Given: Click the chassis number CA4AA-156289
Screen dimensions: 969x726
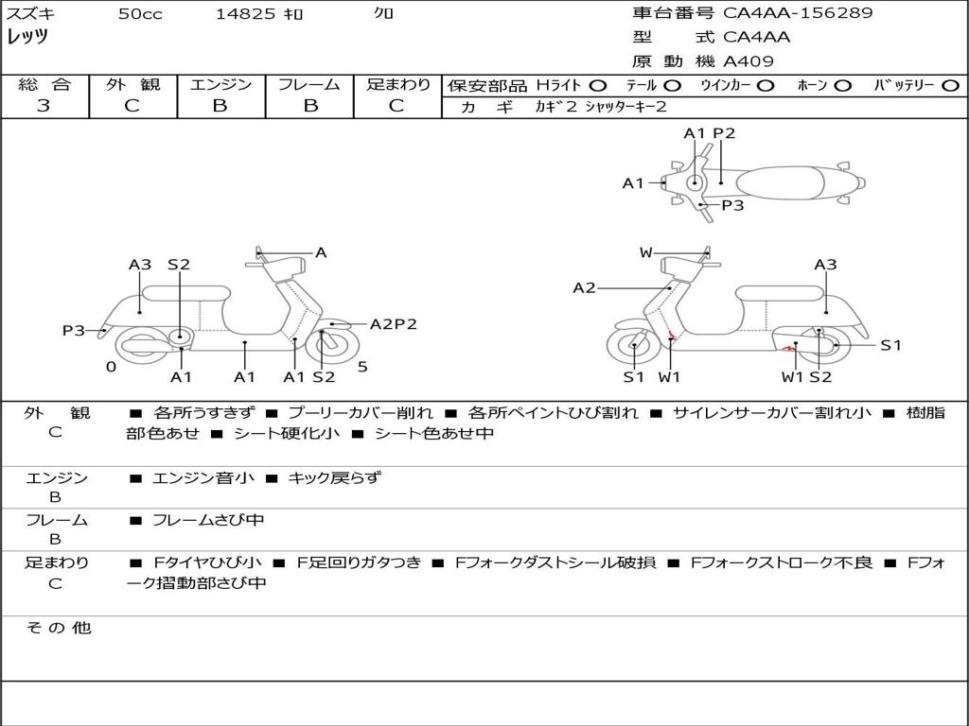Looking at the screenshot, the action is click(x=798, y=13).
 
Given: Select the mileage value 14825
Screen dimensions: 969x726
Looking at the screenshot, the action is click(x=245, y=14).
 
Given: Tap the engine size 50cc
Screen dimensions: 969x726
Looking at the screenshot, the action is click(x=140, y=14).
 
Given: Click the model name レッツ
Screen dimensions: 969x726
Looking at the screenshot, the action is click(x=27, y=37).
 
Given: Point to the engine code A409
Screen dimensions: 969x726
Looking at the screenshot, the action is click(x=749, y=61).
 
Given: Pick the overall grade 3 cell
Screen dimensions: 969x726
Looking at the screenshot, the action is click(x=44, y=106).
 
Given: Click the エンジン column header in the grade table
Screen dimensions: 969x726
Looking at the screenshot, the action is click(x=220, y=84).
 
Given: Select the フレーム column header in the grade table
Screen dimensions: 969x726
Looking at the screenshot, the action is click(x=308, y=84).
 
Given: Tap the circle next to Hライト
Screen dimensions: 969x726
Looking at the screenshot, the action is click(x=598, y=85).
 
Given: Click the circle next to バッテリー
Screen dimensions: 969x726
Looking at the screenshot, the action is click(x=951, y=85).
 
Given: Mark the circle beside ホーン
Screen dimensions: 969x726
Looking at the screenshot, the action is click(x=842, y=85).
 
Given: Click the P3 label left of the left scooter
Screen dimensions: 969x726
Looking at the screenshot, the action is click(x=74, y=330).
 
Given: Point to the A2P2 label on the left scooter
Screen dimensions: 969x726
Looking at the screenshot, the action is click(x=393, y=324).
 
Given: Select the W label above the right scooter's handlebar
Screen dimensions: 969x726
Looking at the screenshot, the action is click(x=645, y=252).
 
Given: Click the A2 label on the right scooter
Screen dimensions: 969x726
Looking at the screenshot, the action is click(x=584, y=287).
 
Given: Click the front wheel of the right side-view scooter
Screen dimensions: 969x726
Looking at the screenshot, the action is click(x=633, y=348).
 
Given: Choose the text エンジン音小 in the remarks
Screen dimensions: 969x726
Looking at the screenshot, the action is click(x=203, y=478).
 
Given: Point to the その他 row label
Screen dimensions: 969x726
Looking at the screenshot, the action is click(x=58, y=628).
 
